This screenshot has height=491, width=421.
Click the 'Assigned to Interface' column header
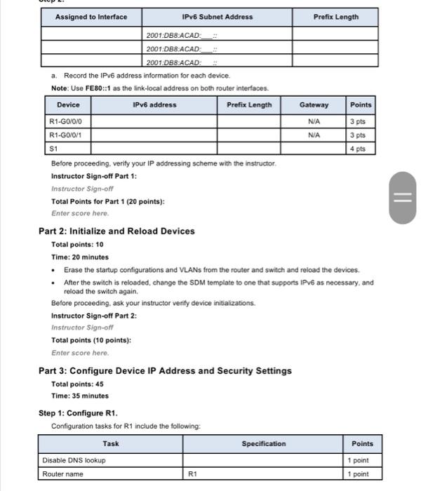91,17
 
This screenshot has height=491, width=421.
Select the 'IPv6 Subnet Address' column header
217,17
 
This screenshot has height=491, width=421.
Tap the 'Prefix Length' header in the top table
335,17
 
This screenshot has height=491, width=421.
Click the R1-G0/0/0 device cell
65,121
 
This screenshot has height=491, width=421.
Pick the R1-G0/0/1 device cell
65,135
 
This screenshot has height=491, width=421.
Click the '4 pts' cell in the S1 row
360,149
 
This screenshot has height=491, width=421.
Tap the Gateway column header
314,105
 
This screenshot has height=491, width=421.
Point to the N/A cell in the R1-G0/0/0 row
314,121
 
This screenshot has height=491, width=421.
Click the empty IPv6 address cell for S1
154,149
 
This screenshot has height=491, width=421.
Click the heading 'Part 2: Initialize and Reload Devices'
116,231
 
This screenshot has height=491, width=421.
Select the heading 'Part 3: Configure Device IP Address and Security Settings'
165,370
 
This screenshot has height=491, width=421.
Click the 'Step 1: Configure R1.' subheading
78,412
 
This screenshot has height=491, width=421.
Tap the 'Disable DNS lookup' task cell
74,460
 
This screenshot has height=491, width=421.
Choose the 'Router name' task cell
62,474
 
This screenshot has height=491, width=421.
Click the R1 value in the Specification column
194,474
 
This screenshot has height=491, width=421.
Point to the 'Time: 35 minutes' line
80,396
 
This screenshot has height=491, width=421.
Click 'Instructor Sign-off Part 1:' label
94,176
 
